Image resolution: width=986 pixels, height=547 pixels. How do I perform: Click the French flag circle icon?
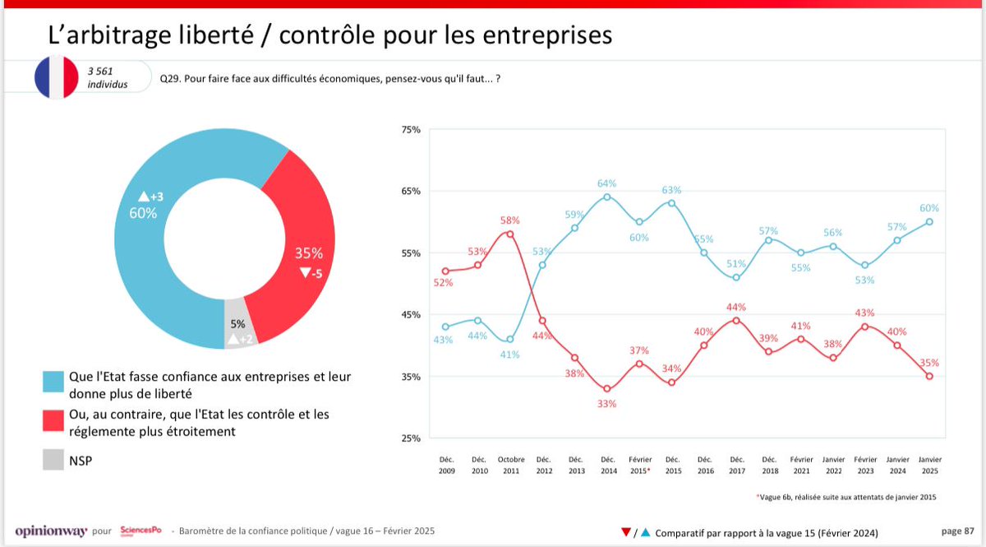(x=55, y=78)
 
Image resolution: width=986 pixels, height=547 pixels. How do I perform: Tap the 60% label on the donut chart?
(x=143, y=213)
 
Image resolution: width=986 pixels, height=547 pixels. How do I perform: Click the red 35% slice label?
(x=308, y=253)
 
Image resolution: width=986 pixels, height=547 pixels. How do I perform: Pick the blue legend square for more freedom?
(x=54, y=384)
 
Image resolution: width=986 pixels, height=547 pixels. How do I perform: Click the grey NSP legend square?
(x=54, y=461)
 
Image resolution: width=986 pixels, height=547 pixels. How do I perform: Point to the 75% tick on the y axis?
(x=412, y=129)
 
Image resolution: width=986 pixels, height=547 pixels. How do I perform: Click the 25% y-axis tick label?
(x=412, y=438)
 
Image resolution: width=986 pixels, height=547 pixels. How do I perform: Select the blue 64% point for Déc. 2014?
(x=607, y=197)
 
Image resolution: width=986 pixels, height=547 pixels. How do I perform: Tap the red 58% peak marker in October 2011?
(x=510, y=234)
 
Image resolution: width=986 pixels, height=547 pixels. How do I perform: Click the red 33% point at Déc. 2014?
(x=607, y=389)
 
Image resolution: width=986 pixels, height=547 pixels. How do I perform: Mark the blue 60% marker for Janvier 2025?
(x=929, y=221)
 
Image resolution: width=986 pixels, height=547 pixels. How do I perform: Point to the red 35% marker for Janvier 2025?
(x=929, y=376)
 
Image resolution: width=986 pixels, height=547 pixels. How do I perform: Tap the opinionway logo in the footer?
(x=51, y=531)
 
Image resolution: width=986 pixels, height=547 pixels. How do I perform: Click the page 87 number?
(x=956, y=531)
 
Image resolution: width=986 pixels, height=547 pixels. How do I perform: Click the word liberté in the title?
(x=215, y=35)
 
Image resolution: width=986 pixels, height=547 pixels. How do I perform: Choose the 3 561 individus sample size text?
(x=108, y=78)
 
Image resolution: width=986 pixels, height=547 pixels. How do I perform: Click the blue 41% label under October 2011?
(x=510, y=355)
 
